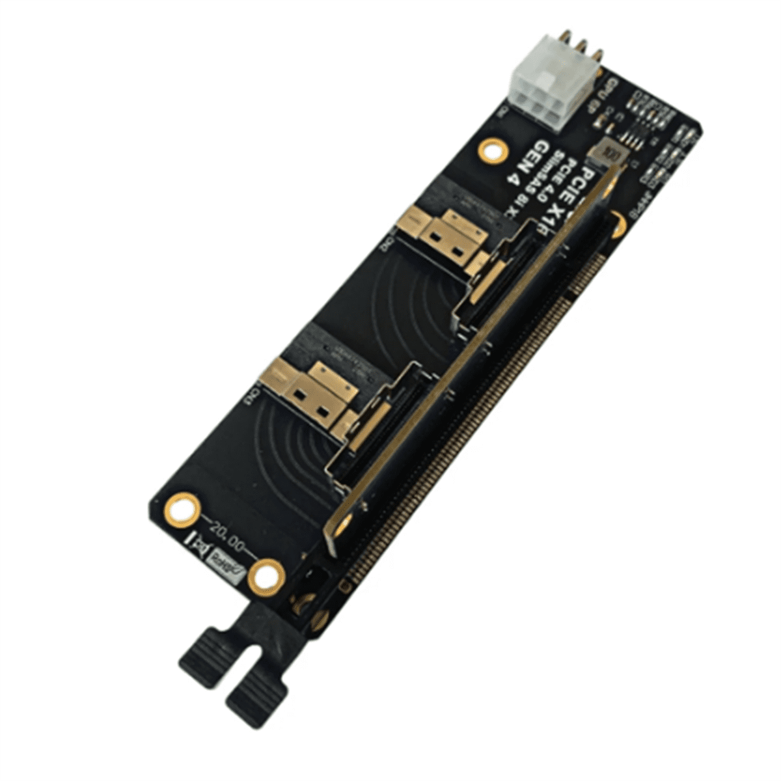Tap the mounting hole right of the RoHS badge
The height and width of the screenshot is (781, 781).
pos(266,577)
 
